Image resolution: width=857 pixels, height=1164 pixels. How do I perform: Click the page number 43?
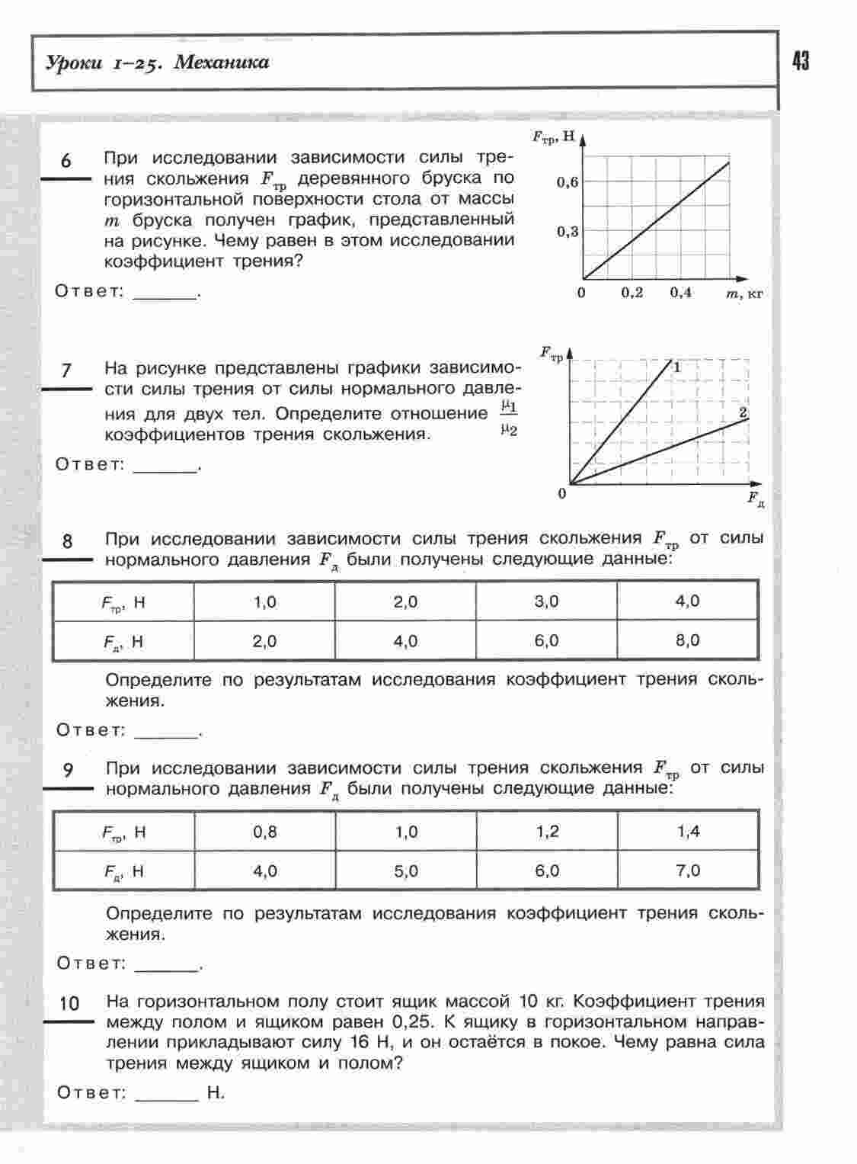[801, 61]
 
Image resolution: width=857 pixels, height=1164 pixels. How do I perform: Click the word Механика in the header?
[221, 63]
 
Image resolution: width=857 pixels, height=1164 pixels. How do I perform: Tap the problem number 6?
[66, 161]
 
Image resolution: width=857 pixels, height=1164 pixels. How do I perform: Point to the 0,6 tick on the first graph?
[567, 183]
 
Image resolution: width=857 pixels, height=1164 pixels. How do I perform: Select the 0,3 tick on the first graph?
[567, 232]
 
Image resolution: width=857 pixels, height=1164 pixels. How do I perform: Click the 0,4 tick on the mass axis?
[680, 293]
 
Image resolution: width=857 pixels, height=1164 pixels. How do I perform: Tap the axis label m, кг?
[744, 293]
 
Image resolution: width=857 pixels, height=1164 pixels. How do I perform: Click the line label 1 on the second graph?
[676, 367]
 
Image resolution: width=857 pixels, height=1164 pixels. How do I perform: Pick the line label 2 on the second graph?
[743, 412]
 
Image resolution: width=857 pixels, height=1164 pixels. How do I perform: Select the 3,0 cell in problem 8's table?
[546, 601]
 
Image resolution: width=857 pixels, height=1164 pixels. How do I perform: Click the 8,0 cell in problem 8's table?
[687, 641]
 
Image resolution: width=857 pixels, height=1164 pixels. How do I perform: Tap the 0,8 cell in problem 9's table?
[264, 832]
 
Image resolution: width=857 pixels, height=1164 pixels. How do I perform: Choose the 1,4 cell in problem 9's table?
[688, 832]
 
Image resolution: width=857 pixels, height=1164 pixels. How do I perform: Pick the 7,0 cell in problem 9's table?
[688, 871]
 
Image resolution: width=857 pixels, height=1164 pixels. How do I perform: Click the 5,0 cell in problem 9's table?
[406, 871]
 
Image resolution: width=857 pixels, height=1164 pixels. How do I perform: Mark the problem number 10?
[69, 1004]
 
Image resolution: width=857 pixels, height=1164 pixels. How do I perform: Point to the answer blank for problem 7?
[165, 466]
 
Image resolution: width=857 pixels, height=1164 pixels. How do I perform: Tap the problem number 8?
[67, 541]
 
